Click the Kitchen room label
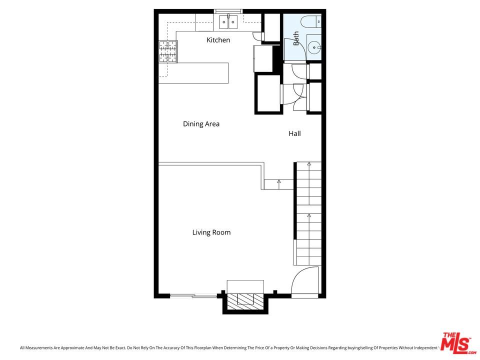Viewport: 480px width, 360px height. click(x=218, y=40)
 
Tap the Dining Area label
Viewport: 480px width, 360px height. click(x=201, y=124)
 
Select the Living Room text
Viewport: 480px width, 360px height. click(x=211, y=232)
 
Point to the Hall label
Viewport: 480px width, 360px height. click(x=294, y=133)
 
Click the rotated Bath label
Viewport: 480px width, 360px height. click(x=296, y=38)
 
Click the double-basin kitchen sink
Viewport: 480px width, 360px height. click(x=228, y=21)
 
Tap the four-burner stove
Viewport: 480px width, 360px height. click(x=168, y=51)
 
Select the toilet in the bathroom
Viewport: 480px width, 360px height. click(x=311, y=21)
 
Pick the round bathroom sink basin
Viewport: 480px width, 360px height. click(x=314, y=48)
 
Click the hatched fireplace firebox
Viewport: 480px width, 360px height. click(x=245, y=299)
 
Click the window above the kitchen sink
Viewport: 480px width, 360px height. click(x=228, y=11)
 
